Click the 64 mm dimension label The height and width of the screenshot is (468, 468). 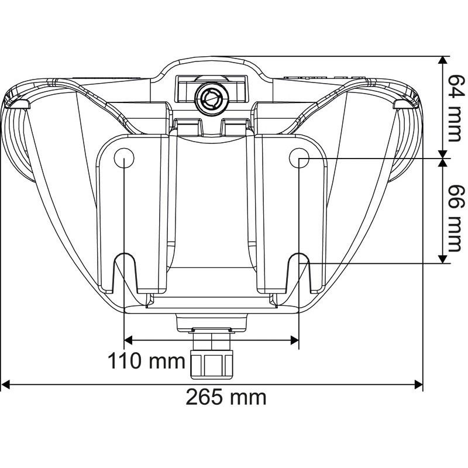tap(454, 108)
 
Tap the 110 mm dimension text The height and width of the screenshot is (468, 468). tap(146, 361)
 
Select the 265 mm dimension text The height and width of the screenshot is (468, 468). tap(226, 398)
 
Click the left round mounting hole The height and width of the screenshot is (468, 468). tap(124, 157)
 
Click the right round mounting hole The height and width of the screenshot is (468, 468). tap(299, 157)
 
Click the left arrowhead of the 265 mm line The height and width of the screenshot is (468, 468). tap(6, 384)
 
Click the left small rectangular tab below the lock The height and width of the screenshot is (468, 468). tap(188, 126)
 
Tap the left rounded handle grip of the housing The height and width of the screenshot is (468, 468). tap(18, 140)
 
